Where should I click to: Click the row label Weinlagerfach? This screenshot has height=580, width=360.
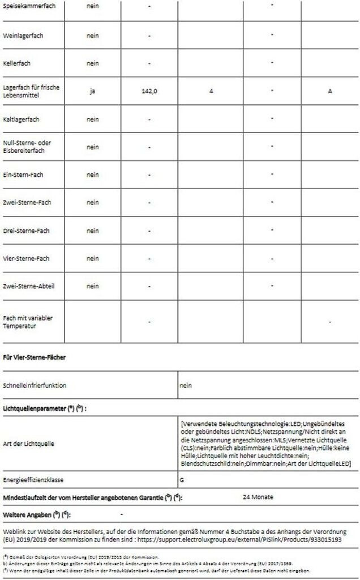pos(23,36)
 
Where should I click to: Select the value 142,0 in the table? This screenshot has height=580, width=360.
pos(149,91)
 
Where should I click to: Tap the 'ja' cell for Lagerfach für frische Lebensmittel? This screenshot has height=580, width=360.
pos(92,91)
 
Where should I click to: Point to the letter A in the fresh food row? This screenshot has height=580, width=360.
pos(330,91)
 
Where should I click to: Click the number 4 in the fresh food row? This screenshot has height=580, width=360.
pos(211,91)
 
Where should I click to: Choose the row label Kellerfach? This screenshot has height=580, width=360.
pos(17,63)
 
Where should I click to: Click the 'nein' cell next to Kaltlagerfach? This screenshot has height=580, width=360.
pos(92,120)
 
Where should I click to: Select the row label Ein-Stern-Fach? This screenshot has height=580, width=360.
pos(23,174)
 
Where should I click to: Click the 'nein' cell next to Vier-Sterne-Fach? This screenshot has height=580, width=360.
pos(92,259)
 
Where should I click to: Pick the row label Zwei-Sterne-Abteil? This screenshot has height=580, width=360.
pos(28,286)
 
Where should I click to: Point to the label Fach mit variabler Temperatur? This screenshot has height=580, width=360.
pos(28,322)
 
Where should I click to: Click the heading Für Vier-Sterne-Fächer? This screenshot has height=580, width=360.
pos(35,357)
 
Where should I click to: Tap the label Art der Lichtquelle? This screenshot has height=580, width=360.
pos(28,443)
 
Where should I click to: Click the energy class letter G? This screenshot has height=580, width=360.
pos(182,479)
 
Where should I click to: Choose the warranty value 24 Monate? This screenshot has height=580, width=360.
pos(258,497)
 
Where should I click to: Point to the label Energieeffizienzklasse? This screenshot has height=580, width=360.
pos(33,479)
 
